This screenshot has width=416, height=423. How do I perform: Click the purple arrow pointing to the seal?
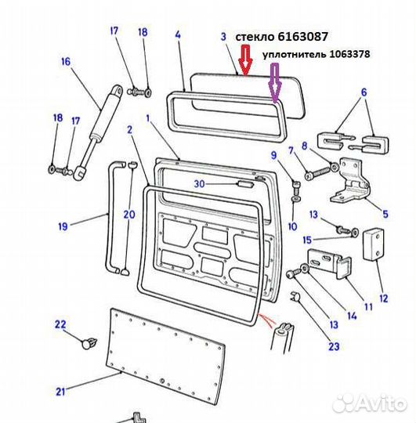(x=274, y=85)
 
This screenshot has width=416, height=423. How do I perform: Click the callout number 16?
(x=65, y=62)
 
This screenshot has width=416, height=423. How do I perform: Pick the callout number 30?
(x=199, y=184)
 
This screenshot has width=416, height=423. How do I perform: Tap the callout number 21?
(x=60, y=392)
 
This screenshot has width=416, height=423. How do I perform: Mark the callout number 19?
(x=62, y=227)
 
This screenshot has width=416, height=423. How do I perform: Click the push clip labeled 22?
(x=89, y=342)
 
